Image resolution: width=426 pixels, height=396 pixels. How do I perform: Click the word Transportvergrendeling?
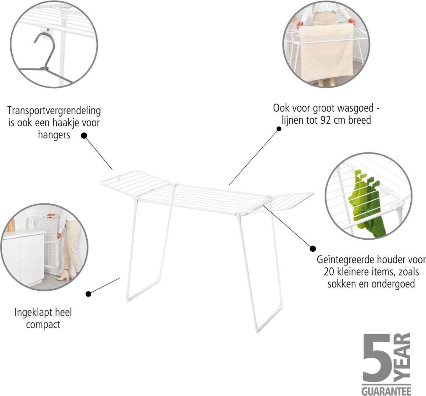54,111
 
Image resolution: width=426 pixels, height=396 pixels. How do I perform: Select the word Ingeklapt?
34,313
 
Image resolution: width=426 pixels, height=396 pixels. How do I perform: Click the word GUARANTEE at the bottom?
386,390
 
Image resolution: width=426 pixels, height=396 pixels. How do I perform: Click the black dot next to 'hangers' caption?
84,135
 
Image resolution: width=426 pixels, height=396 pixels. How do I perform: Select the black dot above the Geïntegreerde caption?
313,248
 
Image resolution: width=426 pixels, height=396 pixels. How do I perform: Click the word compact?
43,324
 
